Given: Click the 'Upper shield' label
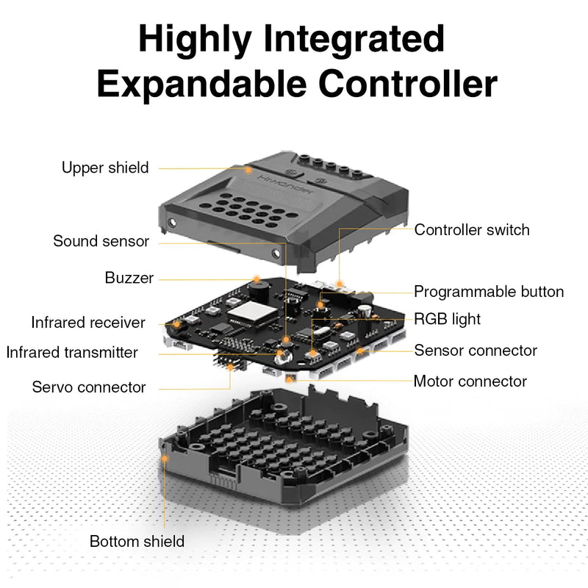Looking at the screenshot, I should click(104, 168).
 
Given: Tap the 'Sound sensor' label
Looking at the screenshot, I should click(101, 241).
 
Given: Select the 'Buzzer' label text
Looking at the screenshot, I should click(129, 278).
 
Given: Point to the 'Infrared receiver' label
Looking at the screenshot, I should click(88, 323).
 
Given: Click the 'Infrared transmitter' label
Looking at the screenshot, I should click(72, 352).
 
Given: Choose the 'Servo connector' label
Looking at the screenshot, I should click(89, 387).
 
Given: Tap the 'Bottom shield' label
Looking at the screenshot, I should click(137, 542).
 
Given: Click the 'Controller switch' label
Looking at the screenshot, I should click(472, 229).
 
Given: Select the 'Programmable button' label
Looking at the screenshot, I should click(489, 292).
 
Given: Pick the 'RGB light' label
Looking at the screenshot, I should click(447, 319).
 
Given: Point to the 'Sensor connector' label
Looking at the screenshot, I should click(476, 351).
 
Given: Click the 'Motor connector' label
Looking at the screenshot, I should click(470, 381).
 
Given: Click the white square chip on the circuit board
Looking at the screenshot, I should click(245, 315).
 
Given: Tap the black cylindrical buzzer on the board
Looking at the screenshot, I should click(256, 290).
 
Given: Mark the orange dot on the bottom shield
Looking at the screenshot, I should click(165, 457).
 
